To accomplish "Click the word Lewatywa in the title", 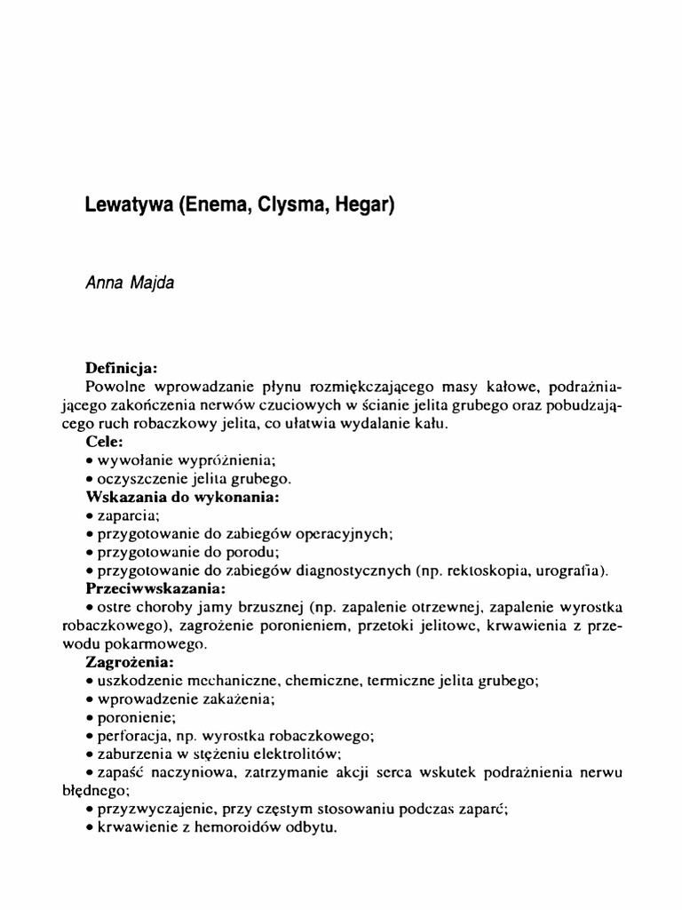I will tap(130, 204).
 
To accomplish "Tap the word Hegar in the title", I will tap(366, 204).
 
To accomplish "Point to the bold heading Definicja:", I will tap(121, 367).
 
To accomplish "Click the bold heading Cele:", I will tap(105, 441).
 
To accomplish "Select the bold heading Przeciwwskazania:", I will tap(155, 588).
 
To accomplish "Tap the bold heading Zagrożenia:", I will tap(129, 662).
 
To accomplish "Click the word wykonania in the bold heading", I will tap(242, 496).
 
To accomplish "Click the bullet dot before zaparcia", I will tap(91, 515).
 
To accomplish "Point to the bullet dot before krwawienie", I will tap(91, 827).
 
